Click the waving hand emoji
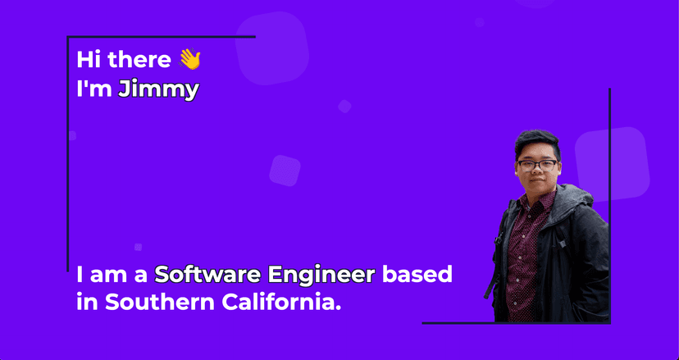pos(189,59)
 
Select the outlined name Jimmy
pos(158,90)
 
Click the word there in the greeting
pos(139,59)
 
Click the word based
pos(417,275)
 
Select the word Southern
pos(160,302)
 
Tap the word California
pos(281,302)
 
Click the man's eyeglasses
pos(537,165)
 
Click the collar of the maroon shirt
pos(536,201)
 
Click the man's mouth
pos(537,182)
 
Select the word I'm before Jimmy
pos(94,89)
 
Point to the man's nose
pos(536,172)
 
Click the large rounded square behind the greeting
pos(272,48)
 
